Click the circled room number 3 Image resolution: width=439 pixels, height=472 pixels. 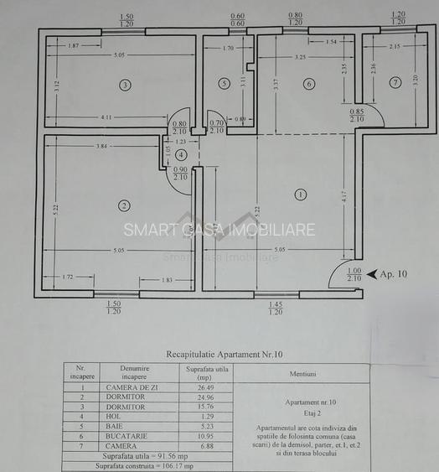[125, 85]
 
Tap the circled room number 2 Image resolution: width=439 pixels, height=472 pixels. [124, 205]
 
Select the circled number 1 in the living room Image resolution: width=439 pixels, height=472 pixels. [302, 195]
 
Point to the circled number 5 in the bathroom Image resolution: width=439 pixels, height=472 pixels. [224, 84]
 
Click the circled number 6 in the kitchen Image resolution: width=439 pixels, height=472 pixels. [308, 84]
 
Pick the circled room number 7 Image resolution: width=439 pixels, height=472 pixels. [395, 82]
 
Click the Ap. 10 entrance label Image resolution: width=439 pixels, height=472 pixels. [394, 274]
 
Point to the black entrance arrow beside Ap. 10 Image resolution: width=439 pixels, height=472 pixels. [372, 274]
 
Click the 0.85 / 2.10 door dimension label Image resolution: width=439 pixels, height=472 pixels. [358, 115]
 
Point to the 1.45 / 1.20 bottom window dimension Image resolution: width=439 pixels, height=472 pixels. [276, 307]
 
